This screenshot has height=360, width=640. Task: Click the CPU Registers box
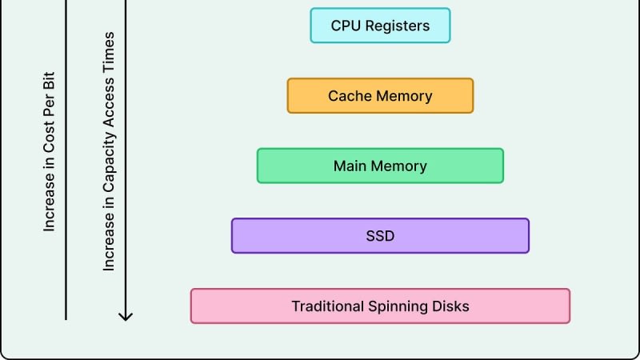point(380,26)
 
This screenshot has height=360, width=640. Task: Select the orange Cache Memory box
point(380,96)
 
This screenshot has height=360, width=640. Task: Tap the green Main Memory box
point(380,166)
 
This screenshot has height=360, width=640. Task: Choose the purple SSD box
point(380,236)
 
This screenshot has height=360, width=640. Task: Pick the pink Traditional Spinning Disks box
point(380,306)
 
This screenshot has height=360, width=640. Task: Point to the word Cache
point(347,96)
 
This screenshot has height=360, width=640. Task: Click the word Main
point(350,166)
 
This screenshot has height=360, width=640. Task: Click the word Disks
point(451,306)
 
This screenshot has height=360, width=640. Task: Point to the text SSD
point(380,236)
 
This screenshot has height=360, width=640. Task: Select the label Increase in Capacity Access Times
point(110,152)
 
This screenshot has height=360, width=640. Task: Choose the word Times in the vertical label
point(110,50)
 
